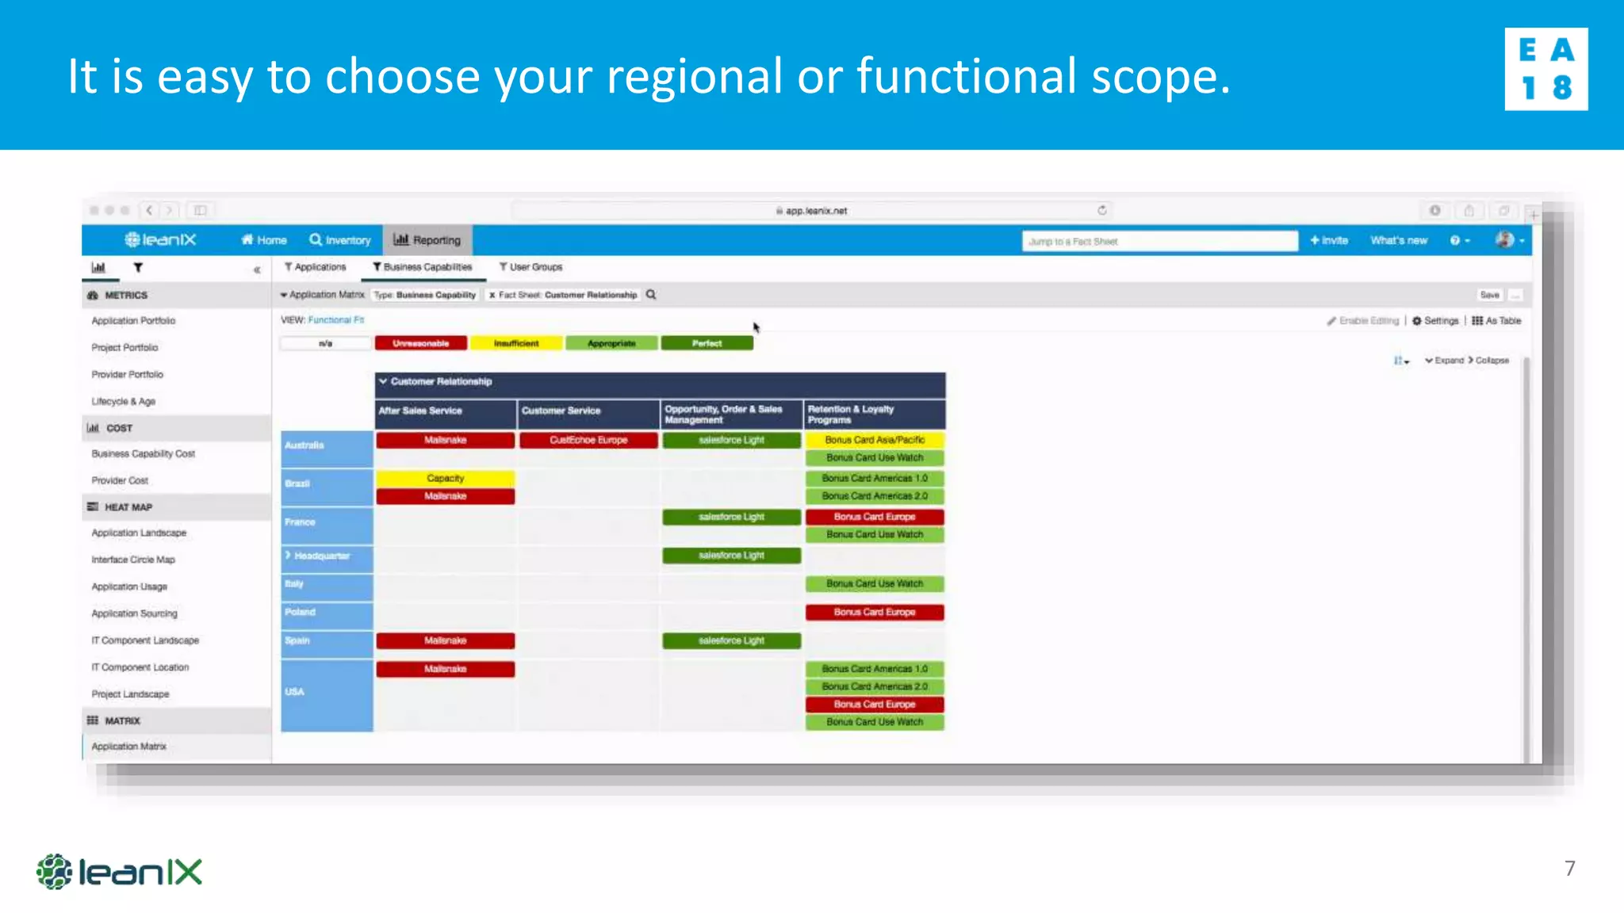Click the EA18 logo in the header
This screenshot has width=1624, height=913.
click(x=1545, y=69)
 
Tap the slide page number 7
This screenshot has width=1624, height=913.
click(x=1569, y=868)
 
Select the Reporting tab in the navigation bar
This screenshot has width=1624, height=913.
click(x=427, y=240)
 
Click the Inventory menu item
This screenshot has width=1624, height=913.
click(x=340, y=240)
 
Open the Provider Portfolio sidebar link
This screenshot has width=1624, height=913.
click(x=127, y=374)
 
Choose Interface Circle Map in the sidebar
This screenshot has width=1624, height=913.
click(x=132, y=560)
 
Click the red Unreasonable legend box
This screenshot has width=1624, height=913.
click(x=420, y=343)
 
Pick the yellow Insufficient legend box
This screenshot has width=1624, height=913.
click(x=516, y=343)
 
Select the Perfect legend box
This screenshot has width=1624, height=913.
click(x=707, y=343)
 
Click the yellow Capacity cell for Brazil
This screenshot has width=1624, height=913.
click(x=445, y=478)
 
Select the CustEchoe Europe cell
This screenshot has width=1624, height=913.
click(x=588, y=440)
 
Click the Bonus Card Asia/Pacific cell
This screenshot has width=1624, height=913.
click(x=875, y=440)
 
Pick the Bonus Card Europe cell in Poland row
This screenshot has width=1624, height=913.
click(x=875, y=612)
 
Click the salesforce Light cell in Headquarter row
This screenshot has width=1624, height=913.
click(x=731, y=556)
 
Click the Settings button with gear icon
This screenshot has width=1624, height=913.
click(x=1435, y=321)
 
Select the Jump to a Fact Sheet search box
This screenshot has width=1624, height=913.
click(x=1159, y=241)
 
